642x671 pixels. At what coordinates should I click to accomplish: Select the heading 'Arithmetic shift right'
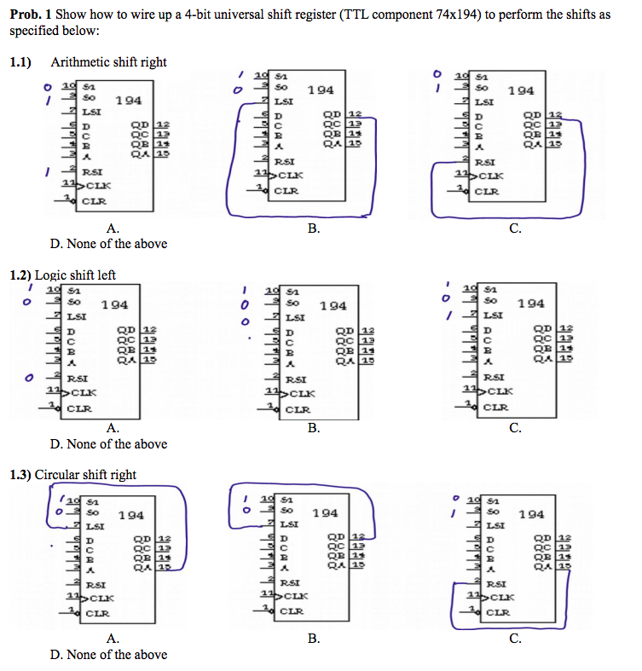[x=108, y=62]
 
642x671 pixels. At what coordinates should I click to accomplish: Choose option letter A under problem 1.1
[x=112, y=228]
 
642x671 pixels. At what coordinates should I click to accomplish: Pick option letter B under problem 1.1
[x=314, y=228]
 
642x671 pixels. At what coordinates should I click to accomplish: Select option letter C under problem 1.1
[x=514, y=228]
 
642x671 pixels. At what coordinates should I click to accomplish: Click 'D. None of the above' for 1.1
[x=108, y=244]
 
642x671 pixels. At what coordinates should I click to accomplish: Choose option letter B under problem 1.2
[x=314, y=428]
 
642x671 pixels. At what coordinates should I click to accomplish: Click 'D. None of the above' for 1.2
[x=108, y=444]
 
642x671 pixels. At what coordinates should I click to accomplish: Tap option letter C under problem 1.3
[x=514, y=638]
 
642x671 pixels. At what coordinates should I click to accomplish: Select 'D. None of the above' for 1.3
[x=108, y=655]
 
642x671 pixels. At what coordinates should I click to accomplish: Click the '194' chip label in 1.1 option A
[x=128, y=101]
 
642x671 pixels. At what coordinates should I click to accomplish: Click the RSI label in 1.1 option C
[x=485, y=161]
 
